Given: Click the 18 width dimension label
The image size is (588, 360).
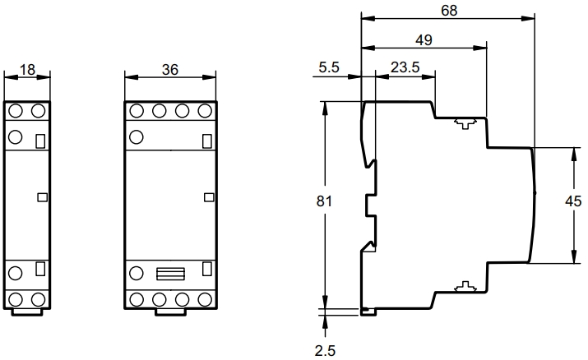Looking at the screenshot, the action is (27, 70).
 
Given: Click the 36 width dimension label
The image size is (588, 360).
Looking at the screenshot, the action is (170, 70).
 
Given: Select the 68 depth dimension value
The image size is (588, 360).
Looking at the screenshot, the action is (449, 11).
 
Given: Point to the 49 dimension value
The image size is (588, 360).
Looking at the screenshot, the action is (424, 40).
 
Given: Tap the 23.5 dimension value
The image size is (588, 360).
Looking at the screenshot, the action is (405, 67).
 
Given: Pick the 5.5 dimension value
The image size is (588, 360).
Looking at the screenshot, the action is (329, 67).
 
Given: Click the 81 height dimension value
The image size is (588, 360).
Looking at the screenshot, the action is (324, 201).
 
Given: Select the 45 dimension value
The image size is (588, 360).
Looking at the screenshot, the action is (573, 201).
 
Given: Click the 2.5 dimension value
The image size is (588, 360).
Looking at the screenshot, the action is (325, 351).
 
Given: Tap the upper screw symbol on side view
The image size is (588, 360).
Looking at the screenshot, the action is (465, 123).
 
